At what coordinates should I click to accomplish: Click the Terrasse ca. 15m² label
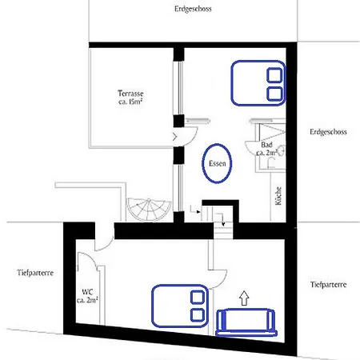point(130,98)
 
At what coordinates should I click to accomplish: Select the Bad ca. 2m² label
point(266,148)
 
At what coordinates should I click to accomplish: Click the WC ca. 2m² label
point(88,296)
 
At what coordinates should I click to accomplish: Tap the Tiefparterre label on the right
point(327,285)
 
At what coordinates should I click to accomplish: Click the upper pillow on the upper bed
point(274,75)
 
